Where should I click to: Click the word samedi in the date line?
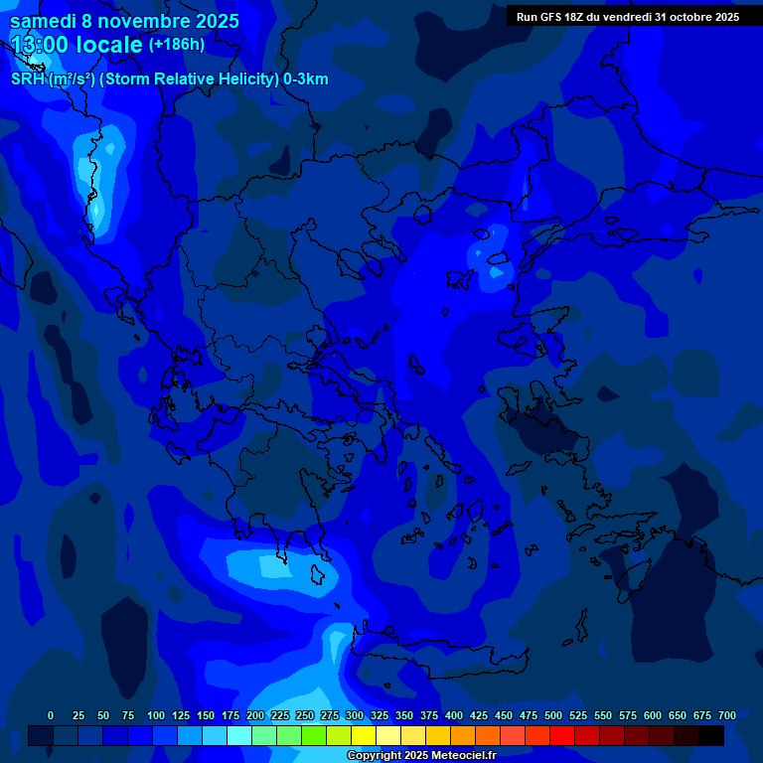coord(43,21)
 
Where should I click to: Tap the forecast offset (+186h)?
coord(177,45)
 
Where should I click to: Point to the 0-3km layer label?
coord(305,79)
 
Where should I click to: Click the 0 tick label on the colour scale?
coord(51,715)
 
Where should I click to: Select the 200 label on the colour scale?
coord(255,715)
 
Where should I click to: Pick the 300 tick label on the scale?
coord(355,715)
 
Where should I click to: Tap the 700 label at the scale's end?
coord(727,715)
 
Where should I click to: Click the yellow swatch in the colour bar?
coord(364,736)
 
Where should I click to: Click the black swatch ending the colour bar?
coord(711,736)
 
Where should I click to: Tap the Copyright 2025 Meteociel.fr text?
coord(421,755)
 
